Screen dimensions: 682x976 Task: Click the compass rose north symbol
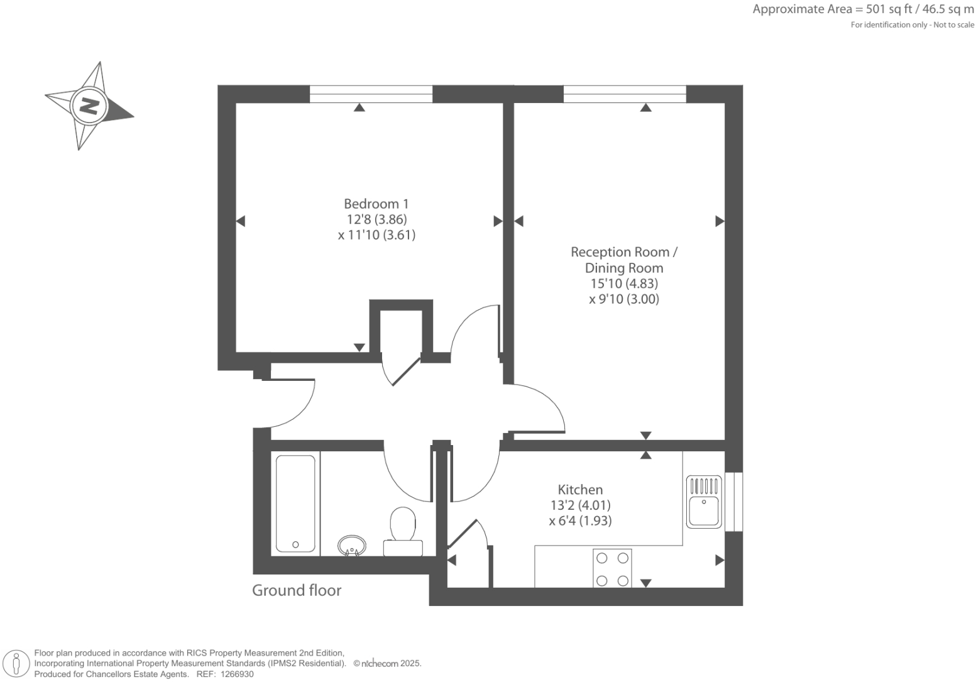click(x=89, y=106)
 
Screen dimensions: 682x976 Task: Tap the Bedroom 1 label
click(x=376, y=204)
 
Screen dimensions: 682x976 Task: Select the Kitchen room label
click(x=580, y=490)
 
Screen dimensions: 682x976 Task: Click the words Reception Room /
click(x=623, y=252)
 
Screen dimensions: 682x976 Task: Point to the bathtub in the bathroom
click(x=295, y=503)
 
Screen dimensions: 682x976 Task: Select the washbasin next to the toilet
click(x=352, y=545)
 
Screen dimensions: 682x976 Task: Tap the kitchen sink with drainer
click(x=704, y=501)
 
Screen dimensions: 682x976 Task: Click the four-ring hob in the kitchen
click(x=612, y=568)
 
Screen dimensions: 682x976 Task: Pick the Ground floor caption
click(x=297, y=590)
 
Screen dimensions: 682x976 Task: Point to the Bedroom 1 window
click(x=371, y=94)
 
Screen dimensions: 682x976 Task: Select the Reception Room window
click(x=625, y=94)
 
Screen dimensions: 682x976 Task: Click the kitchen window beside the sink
click(x=733, y=502)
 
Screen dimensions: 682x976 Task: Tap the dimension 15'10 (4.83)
click(x=623, y=283)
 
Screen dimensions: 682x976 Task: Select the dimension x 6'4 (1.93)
click(x=579, y=520)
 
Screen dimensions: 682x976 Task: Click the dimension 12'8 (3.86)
click(x=376, y=219)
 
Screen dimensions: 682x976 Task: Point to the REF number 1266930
click(x=234, y=674)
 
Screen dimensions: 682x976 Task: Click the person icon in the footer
click(x=16, y=664)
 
